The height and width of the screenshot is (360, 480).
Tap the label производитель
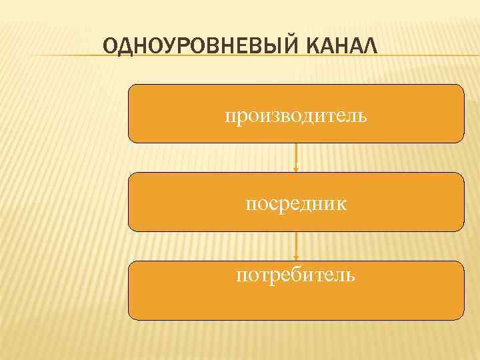point(295,117)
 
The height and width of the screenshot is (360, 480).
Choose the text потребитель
point(295,275)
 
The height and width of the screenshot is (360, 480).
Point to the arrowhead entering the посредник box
point(296,169)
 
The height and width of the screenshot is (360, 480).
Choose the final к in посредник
point(341,204)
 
